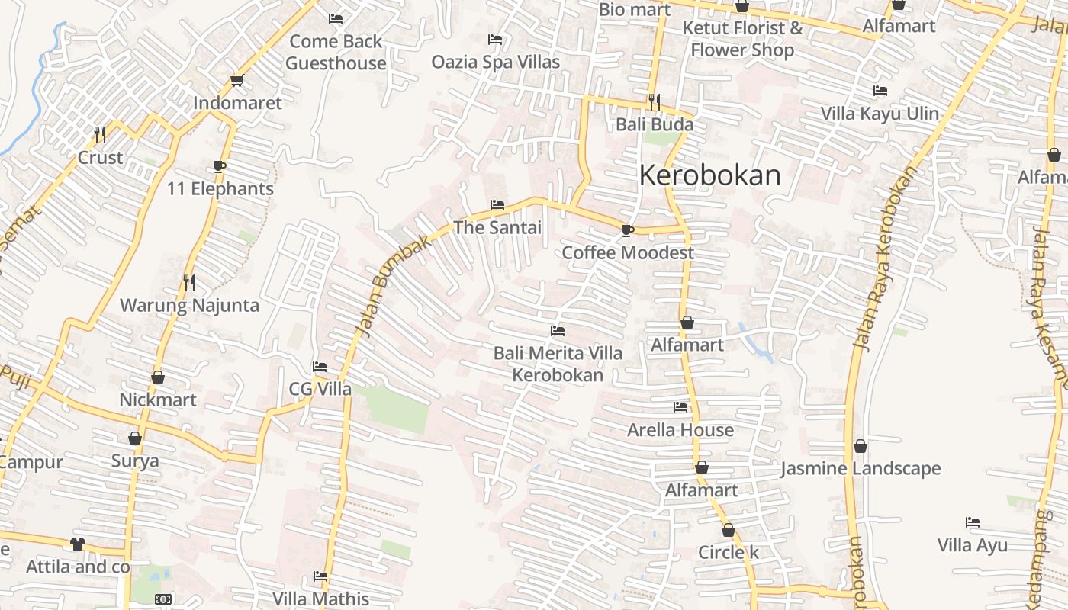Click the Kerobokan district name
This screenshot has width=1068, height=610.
(709, 175)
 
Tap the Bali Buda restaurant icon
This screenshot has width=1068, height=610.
(654, 101)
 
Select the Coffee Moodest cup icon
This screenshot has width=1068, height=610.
(628, 230)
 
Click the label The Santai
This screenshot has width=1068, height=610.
(497, 227)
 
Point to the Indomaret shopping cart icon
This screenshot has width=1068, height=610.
(236, 80)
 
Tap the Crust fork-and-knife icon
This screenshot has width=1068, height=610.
(100, 134)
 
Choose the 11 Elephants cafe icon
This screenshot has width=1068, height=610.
(220, 166)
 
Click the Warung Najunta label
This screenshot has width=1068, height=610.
(189, 306)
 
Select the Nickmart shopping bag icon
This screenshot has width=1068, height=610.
(158, 377)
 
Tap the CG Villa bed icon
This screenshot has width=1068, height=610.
(320, 367)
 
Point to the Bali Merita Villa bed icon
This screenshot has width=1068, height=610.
(558, 331)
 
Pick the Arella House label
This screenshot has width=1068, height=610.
(680, 430)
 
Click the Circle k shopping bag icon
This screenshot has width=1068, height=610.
(729, 530)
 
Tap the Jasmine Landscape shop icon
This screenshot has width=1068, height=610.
(861, 446)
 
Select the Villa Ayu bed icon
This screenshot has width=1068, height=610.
(973, 522)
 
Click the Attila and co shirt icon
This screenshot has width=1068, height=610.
(77, 544)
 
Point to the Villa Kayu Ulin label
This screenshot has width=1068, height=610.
(880, 114)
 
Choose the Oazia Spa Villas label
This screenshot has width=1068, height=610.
(496, 62)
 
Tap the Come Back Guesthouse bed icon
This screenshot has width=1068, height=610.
(336, 18)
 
